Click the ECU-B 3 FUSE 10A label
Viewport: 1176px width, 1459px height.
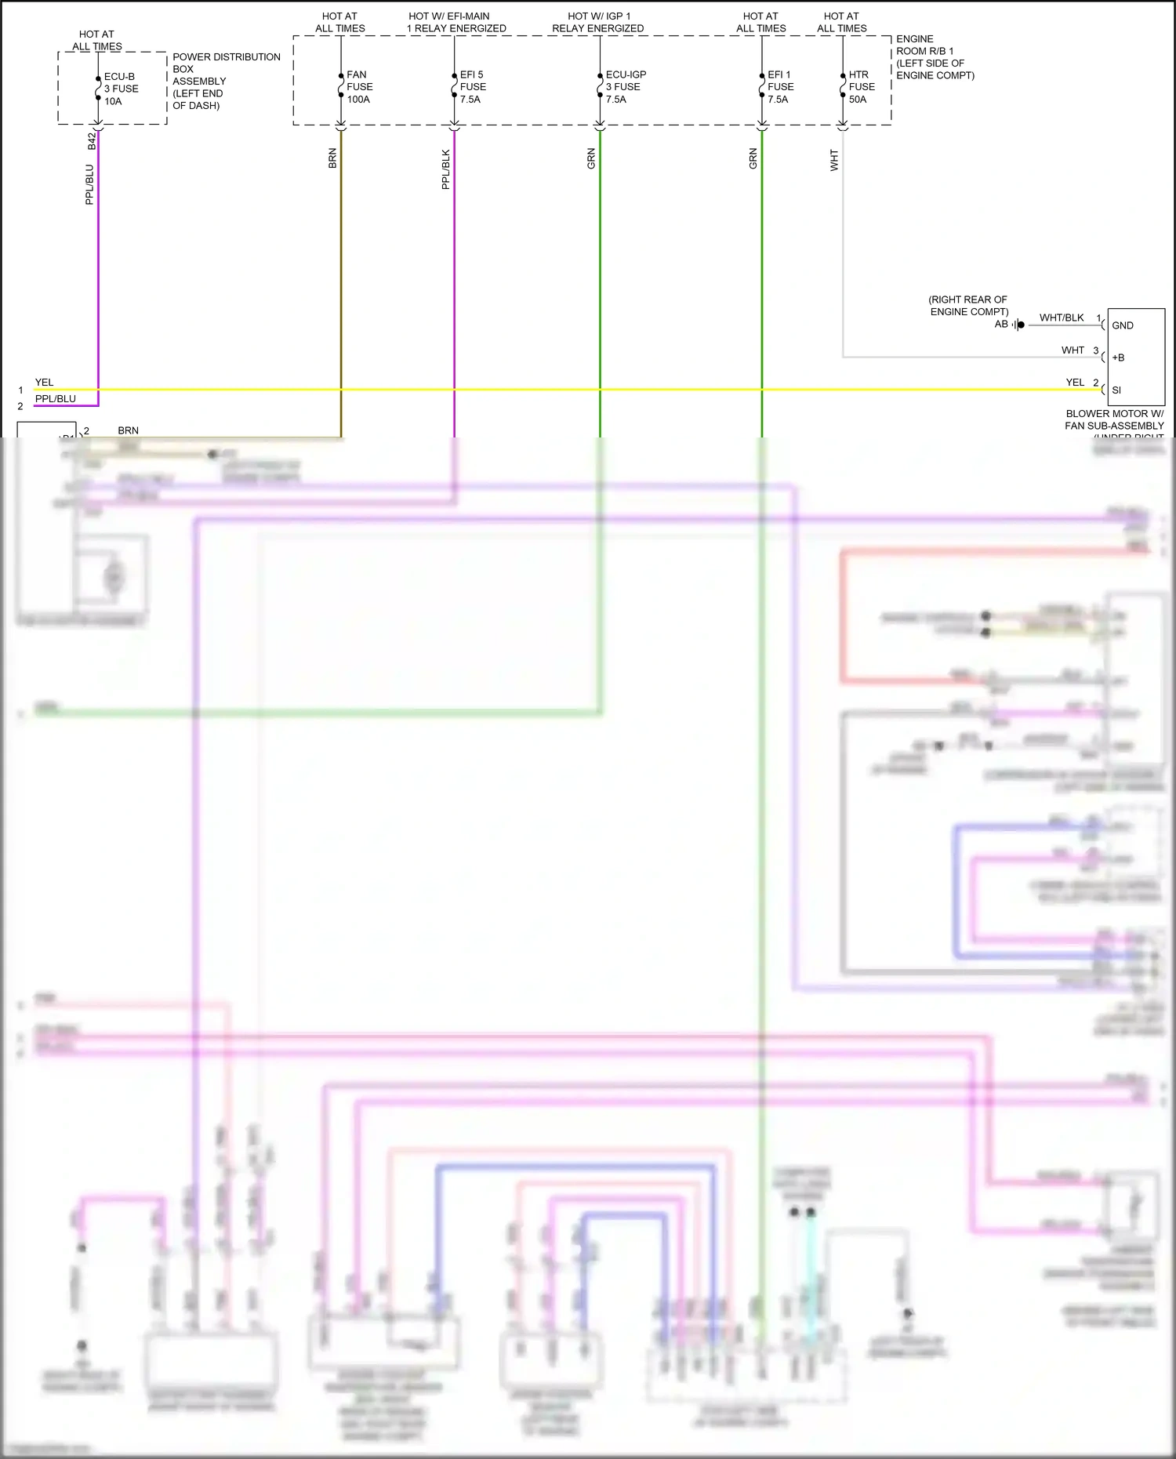[121, 89]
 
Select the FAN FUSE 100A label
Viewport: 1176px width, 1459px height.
[359, 87]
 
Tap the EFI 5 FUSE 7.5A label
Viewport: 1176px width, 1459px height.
[472, 87]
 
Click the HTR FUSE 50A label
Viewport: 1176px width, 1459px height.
[861, 87]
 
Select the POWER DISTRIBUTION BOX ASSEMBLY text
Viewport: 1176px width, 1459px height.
[225, 81]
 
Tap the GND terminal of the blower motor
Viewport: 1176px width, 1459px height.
[1122, 325]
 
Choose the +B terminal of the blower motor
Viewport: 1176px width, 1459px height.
[1118, 357]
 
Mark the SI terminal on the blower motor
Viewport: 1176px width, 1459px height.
[1116, 390]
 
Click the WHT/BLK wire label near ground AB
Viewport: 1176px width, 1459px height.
[1061, 318]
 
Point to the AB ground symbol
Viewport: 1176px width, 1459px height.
[1018, 325]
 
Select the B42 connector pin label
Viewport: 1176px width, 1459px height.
[92, 141]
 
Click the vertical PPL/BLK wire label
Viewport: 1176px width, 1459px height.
[445, 169]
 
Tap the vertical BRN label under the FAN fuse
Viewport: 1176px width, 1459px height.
[332, 158]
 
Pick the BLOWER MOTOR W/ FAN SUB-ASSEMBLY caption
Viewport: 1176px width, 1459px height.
[1114, 419]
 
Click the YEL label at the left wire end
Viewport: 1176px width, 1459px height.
[44, 383]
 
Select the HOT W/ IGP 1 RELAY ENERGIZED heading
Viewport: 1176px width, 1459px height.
[598, 22]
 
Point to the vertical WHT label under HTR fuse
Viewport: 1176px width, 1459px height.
[834, 161]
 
